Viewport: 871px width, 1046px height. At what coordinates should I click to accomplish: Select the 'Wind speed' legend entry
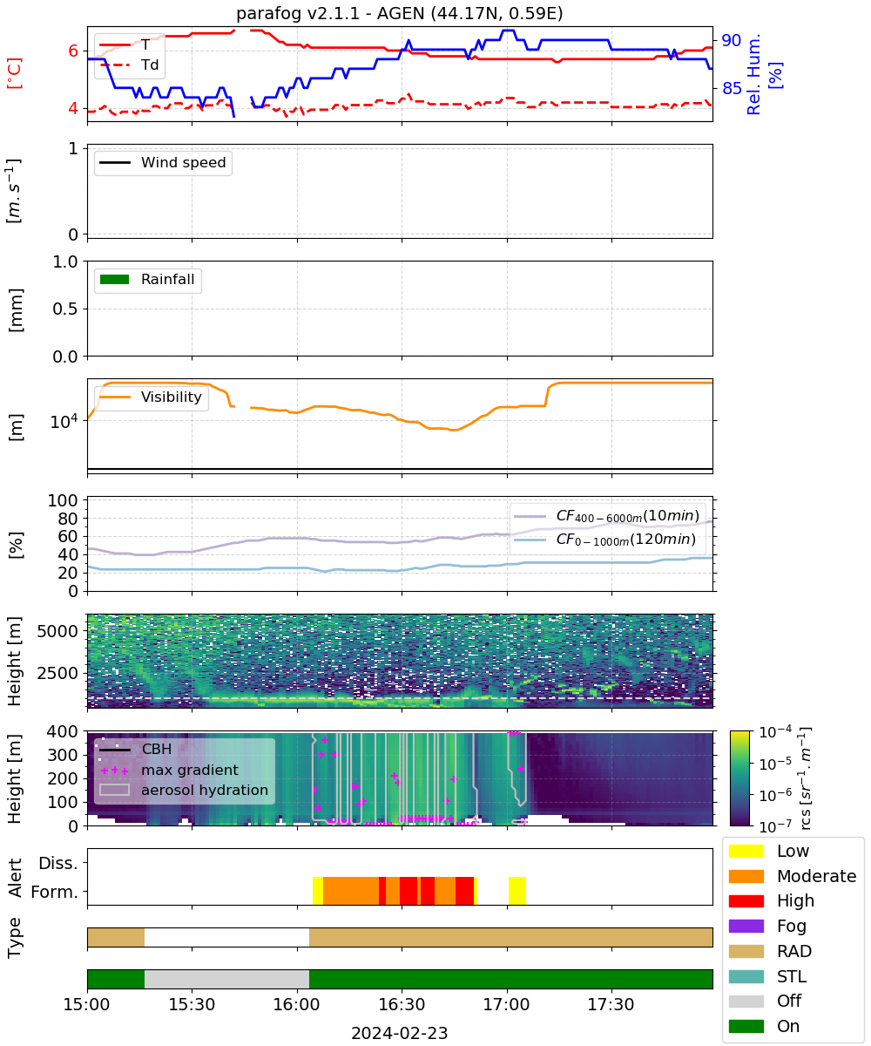click(163, 162)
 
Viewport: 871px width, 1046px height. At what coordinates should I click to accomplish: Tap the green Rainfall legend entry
click(146, 279)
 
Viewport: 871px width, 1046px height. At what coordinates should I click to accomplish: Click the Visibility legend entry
click(150, 397)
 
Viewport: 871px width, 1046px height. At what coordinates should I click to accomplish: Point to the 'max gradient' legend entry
click(170, 770)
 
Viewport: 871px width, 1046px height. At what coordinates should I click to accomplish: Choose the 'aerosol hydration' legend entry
click(184, 790)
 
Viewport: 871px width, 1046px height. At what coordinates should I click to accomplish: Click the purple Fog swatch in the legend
click(746, 926)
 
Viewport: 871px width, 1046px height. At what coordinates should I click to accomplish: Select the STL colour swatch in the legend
click(746, 976)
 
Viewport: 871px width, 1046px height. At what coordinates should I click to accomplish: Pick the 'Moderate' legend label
click(816, 876)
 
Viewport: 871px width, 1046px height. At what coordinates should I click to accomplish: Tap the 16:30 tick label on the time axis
click(402, 1004)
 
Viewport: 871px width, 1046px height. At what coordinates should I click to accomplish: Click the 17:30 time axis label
click(611, 1004)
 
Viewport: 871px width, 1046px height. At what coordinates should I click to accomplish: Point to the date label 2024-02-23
click(400, 1034)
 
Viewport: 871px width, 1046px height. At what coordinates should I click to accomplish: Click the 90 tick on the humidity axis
click(731, 40)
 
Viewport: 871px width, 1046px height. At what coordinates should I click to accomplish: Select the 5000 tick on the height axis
click(57, 631)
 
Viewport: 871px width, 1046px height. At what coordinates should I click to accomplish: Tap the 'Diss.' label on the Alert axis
click(58, 863)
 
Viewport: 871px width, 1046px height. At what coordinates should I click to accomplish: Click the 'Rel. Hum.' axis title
click(753, 74)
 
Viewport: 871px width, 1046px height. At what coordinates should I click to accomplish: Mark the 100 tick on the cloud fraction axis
click(63, 500)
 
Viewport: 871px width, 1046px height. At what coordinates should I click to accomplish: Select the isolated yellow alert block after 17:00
click(517, 890)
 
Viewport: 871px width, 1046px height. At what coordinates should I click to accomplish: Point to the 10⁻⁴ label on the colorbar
click(775, 732)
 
